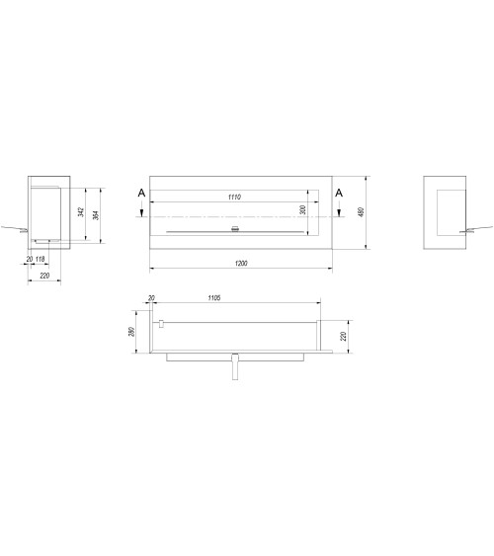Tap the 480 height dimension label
tap(363, 213)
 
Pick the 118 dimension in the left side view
tap(41, 260)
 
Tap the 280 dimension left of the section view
tap(130, 332)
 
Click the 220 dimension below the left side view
tap(45, 276)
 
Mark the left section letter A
tap(142, 192)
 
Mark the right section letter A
tap(339, 192)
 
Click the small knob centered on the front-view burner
tap(235, 230)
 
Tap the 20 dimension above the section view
tap(151, 297)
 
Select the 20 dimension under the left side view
tap(30, 260)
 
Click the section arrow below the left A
tap(142, 209)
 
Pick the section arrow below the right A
tap(339, 209)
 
